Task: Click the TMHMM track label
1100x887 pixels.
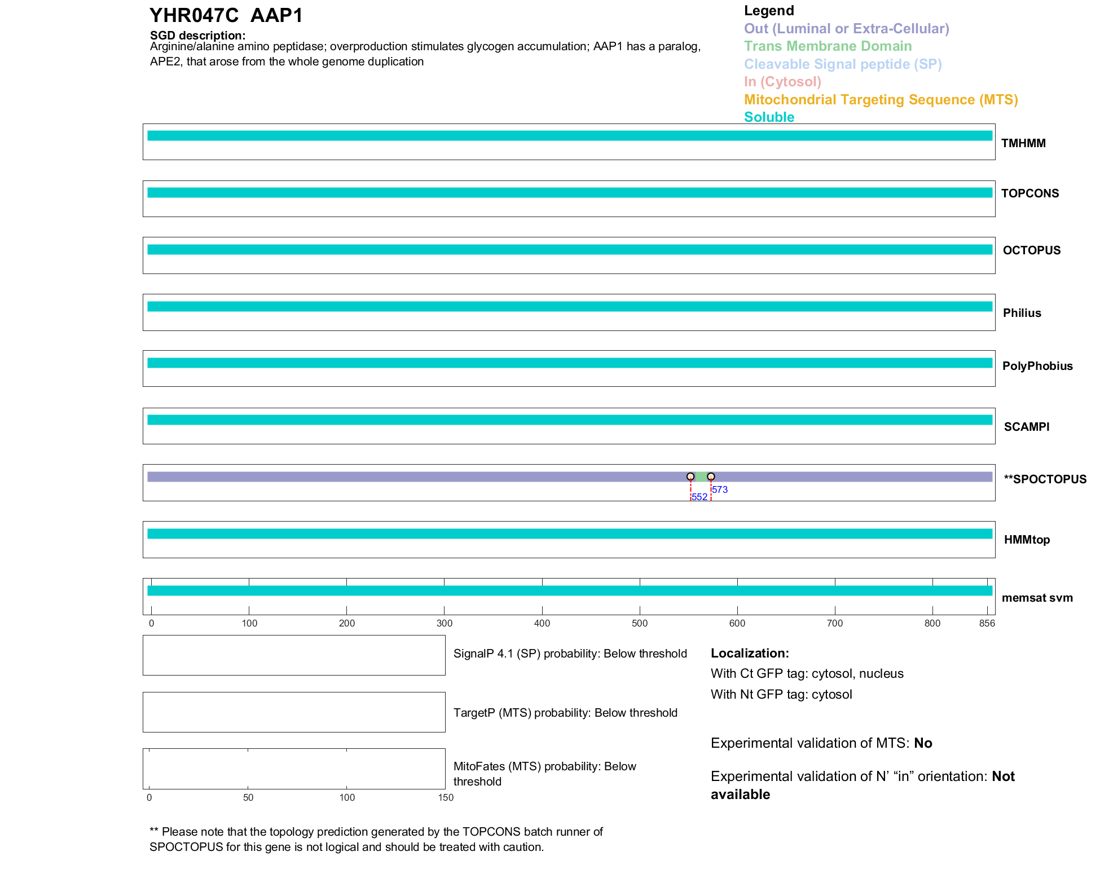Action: coord(1023,143)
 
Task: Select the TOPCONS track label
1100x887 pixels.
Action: coord(1029,193)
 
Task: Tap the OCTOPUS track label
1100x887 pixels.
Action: coord(1031,250)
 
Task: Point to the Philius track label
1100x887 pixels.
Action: coord(1022,313)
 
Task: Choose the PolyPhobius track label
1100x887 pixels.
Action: coord(1037,366)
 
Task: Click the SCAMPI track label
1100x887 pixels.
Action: coord(1026,427)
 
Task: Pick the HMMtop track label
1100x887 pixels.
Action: coord(1027,540)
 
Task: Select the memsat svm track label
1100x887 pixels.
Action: coord(1037,598)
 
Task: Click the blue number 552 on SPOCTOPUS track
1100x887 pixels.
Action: coord(699,497)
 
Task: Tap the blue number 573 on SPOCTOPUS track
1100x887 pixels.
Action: coord(720,489)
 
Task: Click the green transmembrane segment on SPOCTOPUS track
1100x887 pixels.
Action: coord(701,477)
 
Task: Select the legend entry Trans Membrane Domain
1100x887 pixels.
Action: coord(828,46)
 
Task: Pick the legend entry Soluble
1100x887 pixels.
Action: coord(769,117)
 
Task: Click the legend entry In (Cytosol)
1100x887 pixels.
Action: coord(782,82)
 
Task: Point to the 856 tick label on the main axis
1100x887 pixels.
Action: coord(987,623)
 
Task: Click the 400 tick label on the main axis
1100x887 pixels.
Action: coord(542,623)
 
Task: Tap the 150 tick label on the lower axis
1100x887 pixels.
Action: coord(446,797)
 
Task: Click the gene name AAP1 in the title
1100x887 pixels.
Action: coord(276,16)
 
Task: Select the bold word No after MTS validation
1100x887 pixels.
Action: coord(923,743)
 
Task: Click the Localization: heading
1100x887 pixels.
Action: coord(750,653)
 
